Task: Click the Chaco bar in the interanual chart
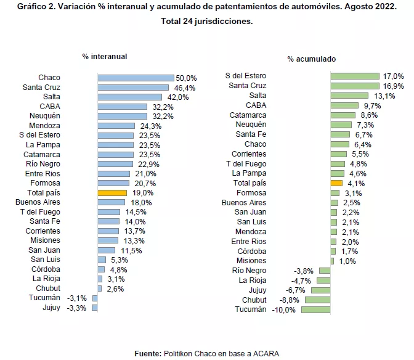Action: pyautogui.click(x=136, y=78)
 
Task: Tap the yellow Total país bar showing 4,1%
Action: pyautogui.click(x=336, y=183)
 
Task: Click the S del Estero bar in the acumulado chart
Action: pyautogui.click(x=354, y=76)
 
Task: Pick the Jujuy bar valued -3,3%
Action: pyautogui.click(x=95, y=308)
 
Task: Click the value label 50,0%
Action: pyautogui.click(x=186, y=78)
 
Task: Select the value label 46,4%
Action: pyautogui.click(x=181, y=88)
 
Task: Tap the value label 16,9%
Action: pyautogui.click(x=394, y=86)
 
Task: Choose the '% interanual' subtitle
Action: pyautogui.click(x=105, y=56)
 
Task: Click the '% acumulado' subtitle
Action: pyautogui.click(x=312, y=59)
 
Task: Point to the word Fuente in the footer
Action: pyautogui.click(x=148, y=353)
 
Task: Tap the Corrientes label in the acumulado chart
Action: pyautogui.click(x=249, y=154)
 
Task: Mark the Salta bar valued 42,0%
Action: pyautogui.click(x=129, y=97)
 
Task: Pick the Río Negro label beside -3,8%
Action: pyautogui.click(x=249, y=271)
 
